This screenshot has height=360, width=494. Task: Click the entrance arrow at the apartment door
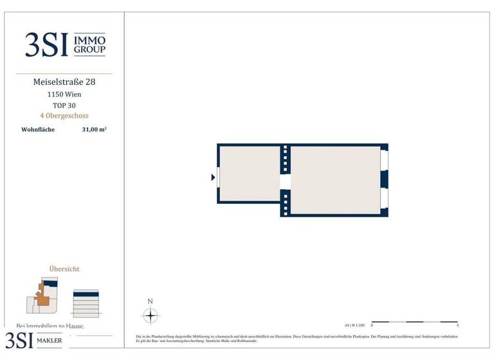click(213, 177)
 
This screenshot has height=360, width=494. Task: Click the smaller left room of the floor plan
click(249, 173)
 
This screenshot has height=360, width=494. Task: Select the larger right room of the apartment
click(334, 179)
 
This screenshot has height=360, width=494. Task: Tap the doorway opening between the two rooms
click(285, 182)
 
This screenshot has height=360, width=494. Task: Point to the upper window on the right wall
click(384, 159)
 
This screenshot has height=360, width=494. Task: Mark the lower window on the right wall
click(384, 198)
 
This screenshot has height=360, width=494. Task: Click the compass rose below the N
click(151, 316)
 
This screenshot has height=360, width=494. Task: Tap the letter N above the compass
click(151, 301)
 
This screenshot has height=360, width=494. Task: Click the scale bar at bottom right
click(414, 321)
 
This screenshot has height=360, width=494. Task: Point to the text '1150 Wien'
click(64, 94)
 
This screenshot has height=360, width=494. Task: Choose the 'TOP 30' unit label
click(64, 105)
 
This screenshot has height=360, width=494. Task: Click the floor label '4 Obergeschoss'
click(64, 116)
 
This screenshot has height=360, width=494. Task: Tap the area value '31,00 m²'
click(94, 129)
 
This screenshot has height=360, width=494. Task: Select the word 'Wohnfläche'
click(39, 129)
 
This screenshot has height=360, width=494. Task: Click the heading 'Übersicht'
click(64, 269)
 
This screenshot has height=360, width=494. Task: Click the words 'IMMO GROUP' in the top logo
click(90, 44)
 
